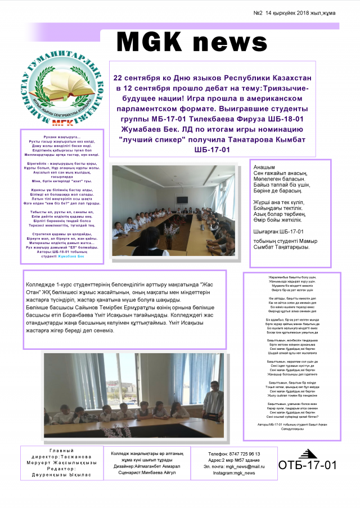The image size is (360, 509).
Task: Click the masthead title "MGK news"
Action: click(192, 41)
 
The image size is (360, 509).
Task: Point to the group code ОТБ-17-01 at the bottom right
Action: click(308, 466)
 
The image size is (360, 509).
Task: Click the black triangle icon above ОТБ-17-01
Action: click(308, 453)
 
